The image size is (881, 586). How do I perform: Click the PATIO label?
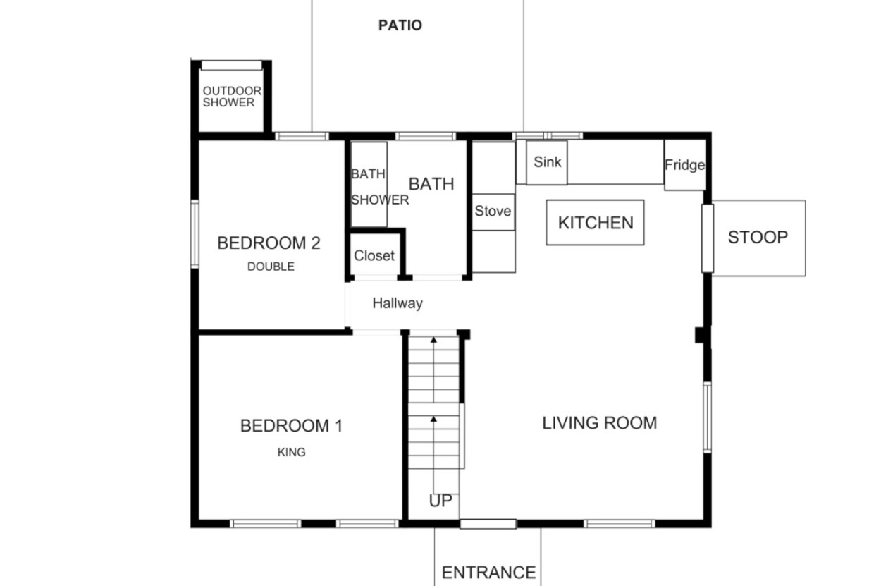[400, 25]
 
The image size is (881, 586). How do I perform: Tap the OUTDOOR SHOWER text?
[232, 97]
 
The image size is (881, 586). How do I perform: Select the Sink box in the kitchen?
[547, 162]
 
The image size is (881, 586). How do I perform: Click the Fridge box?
[685, 165]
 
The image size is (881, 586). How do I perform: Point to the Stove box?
[493, 212]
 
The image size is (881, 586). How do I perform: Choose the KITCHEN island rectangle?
[595, 223]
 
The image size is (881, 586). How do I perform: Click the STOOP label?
[758, 238]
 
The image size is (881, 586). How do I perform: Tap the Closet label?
[374, 256]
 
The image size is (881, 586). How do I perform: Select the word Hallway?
[398, 303]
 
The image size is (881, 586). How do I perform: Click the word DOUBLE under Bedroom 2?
[271, 267]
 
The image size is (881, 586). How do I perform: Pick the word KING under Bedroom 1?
[292, 452]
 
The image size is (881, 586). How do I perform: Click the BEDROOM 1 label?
[292, 426]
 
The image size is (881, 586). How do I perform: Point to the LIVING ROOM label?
[600, 423]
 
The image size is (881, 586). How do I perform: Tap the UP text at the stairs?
[440, 501]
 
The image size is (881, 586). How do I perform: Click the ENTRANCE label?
[489, 573]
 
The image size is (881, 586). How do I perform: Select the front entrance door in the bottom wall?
[488, 524]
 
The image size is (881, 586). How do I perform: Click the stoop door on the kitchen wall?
[708, 238]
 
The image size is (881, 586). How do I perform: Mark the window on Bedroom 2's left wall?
[195, 234]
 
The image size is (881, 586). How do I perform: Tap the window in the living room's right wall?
[707, 417]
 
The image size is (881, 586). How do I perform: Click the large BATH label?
[431, 184]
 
